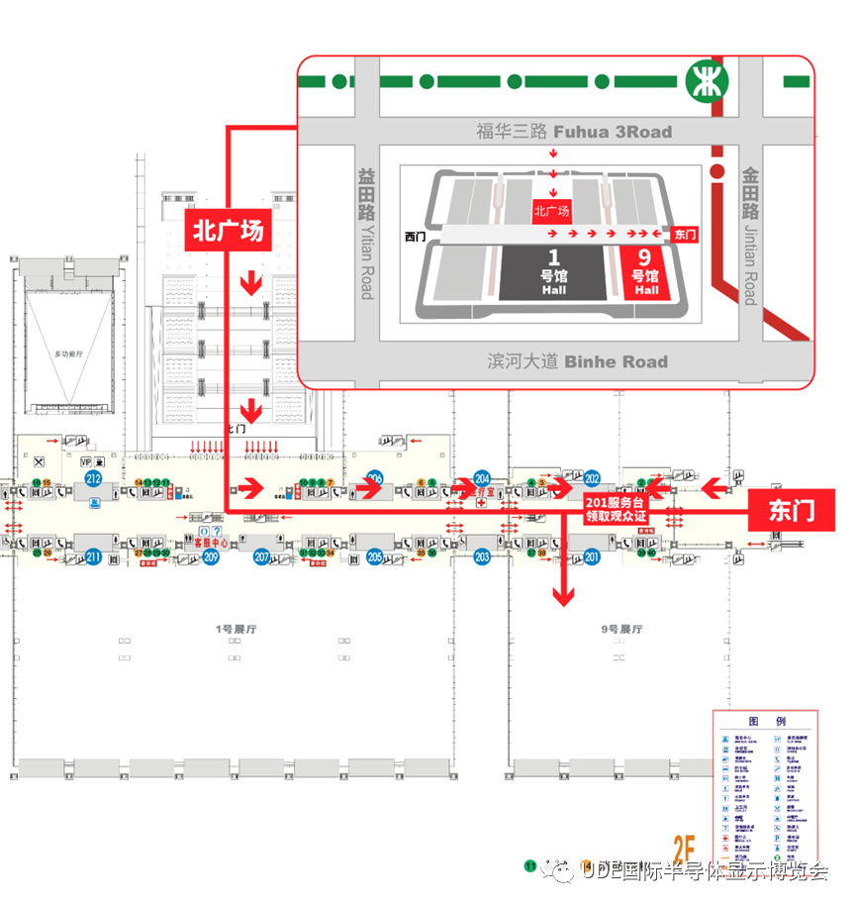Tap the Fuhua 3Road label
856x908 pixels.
pos(573,132)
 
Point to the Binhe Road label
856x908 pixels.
pos(577,361)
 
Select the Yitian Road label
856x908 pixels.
pos(366,233)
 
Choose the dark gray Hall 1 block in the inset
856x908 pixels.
pos(553,273)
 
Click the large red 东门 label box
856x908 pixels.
pos(792,510)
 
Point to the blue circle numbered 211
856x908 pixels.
pos(94,556)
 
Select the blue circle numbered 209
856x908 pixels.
pos(210,557)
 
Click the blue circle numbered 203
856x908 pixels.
pos(482,557)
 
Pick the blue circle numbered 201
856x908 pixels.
pos(592,557)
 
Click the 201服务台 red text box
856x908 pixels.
pos(615,509)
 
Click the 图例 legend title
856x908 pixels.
pos(766,721)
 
